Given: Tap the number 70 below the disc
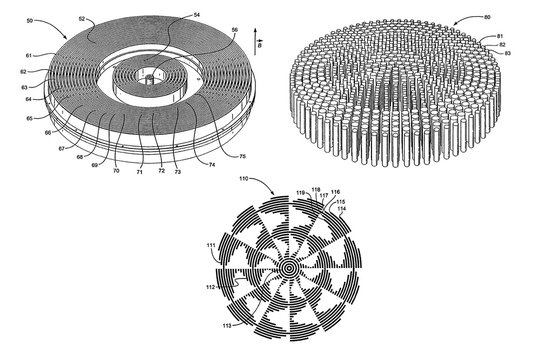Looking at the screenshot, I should tap(115, 172).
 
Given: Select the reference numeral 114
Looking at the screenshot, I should tap(343, 208).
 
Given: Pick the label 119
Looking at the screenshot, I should tap(300, 192).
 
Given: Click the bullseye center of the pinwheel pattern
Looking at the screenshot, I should tap(288, 268).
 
